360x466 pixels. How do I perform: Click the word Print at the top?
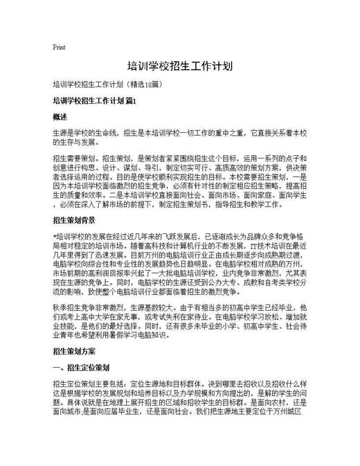(x=59, y=47)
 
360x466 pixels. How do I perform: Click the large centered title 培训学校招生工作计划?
(x=179, y=67)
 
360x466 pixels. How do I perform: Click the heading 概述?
(x=60, y=117)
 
